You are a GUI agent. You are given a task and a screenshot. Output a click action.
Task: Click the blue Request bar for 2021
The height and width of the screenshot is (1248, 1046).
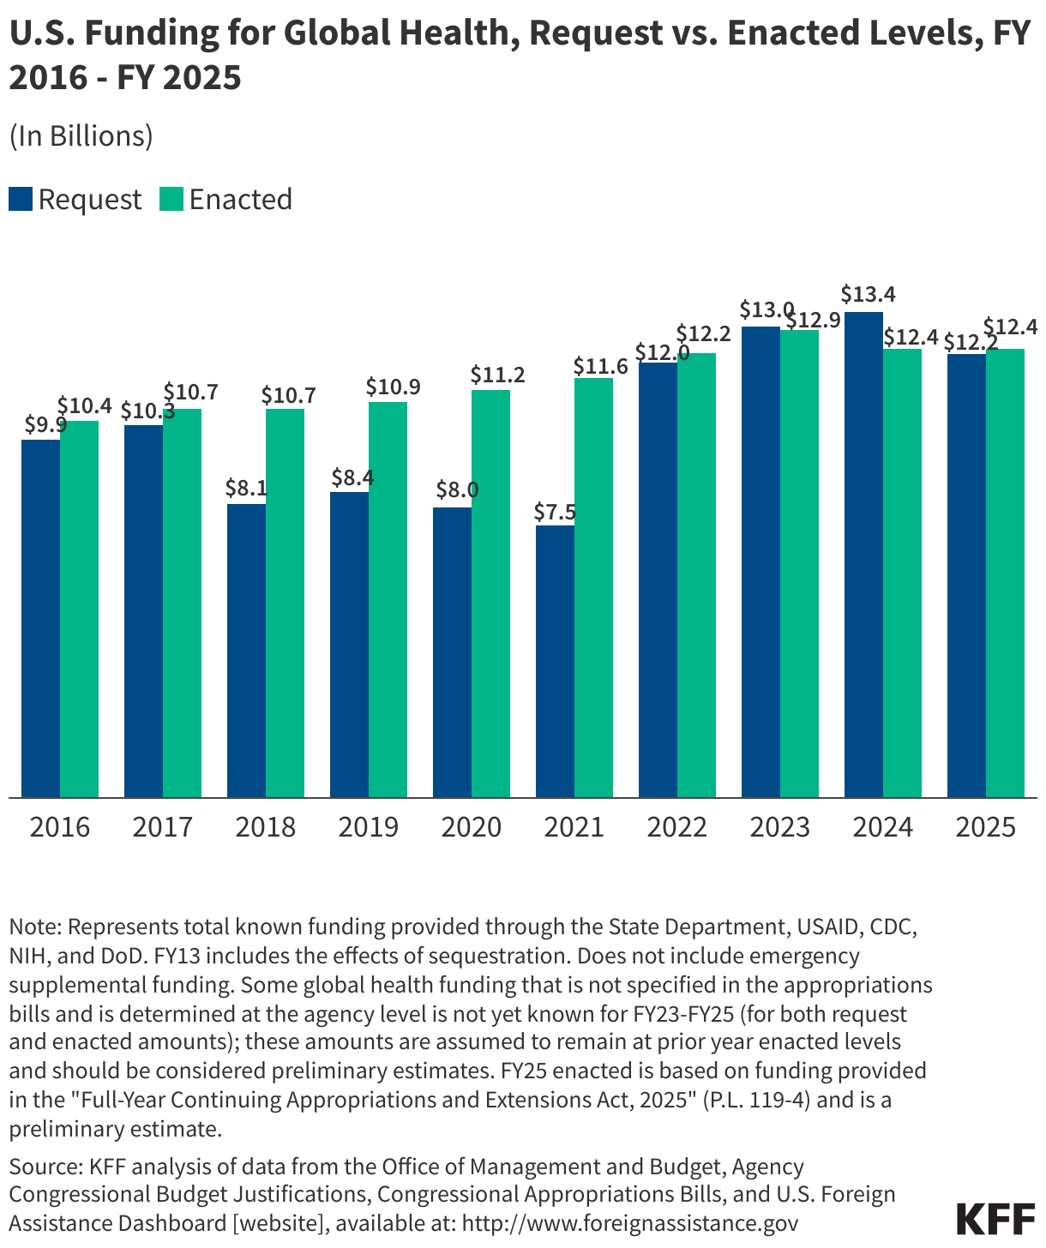[x=555, y=661]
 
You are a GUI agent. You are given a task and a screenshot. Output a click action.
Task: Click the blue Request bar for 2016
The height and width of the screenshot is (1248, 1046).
[x=40, y=618]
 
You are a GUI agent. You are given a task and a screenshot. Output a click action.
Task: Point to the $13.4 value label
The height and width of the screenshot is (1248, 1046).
[x=868, y=295]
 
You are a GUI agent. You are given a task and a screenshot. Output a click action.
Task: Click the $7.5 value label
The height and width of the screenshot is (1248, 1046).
[x=554, y=513]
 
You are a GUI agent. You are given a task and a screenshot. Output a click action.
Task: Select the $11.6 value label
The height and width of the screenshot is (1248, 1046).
[x=600, y=367]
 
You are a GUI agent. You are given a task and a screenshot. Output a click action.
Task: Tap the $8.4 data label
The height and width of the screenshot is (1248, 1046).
[x=352, y=477]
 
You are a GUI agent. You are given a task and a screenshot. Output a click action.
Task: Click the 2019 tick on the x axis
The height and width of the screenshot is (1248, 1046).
[x=368, y=827]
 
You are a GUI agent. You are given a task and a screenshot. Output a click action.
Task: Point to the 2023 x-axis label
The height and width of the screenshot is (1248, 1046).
[x=779, y=827]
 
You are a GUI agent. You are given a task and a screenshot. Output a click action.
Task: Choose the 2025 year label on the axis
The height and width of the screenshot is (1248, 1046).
[x=985, y=827]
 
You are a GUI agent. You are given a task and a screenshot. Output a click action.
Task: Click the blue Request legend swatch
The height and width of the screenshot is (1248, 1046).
[x=21, y=199]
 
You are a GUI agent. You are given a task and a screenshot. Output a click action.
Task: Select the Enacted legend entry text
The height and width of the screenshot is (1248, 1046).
[x=241, y=199]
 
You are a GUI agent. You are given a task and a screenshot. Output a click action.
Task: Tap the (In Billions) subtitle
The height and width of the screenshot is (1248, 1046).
[x=81, y=136]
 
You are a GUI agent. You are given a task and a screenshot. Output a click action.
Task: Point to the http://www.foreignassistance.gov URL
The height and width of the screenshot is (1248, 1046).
[x=630, y=1222]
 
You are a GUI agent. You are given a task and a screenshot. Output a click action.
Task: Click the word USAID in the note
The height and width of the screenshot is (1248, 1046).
[x=829, y=927]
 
